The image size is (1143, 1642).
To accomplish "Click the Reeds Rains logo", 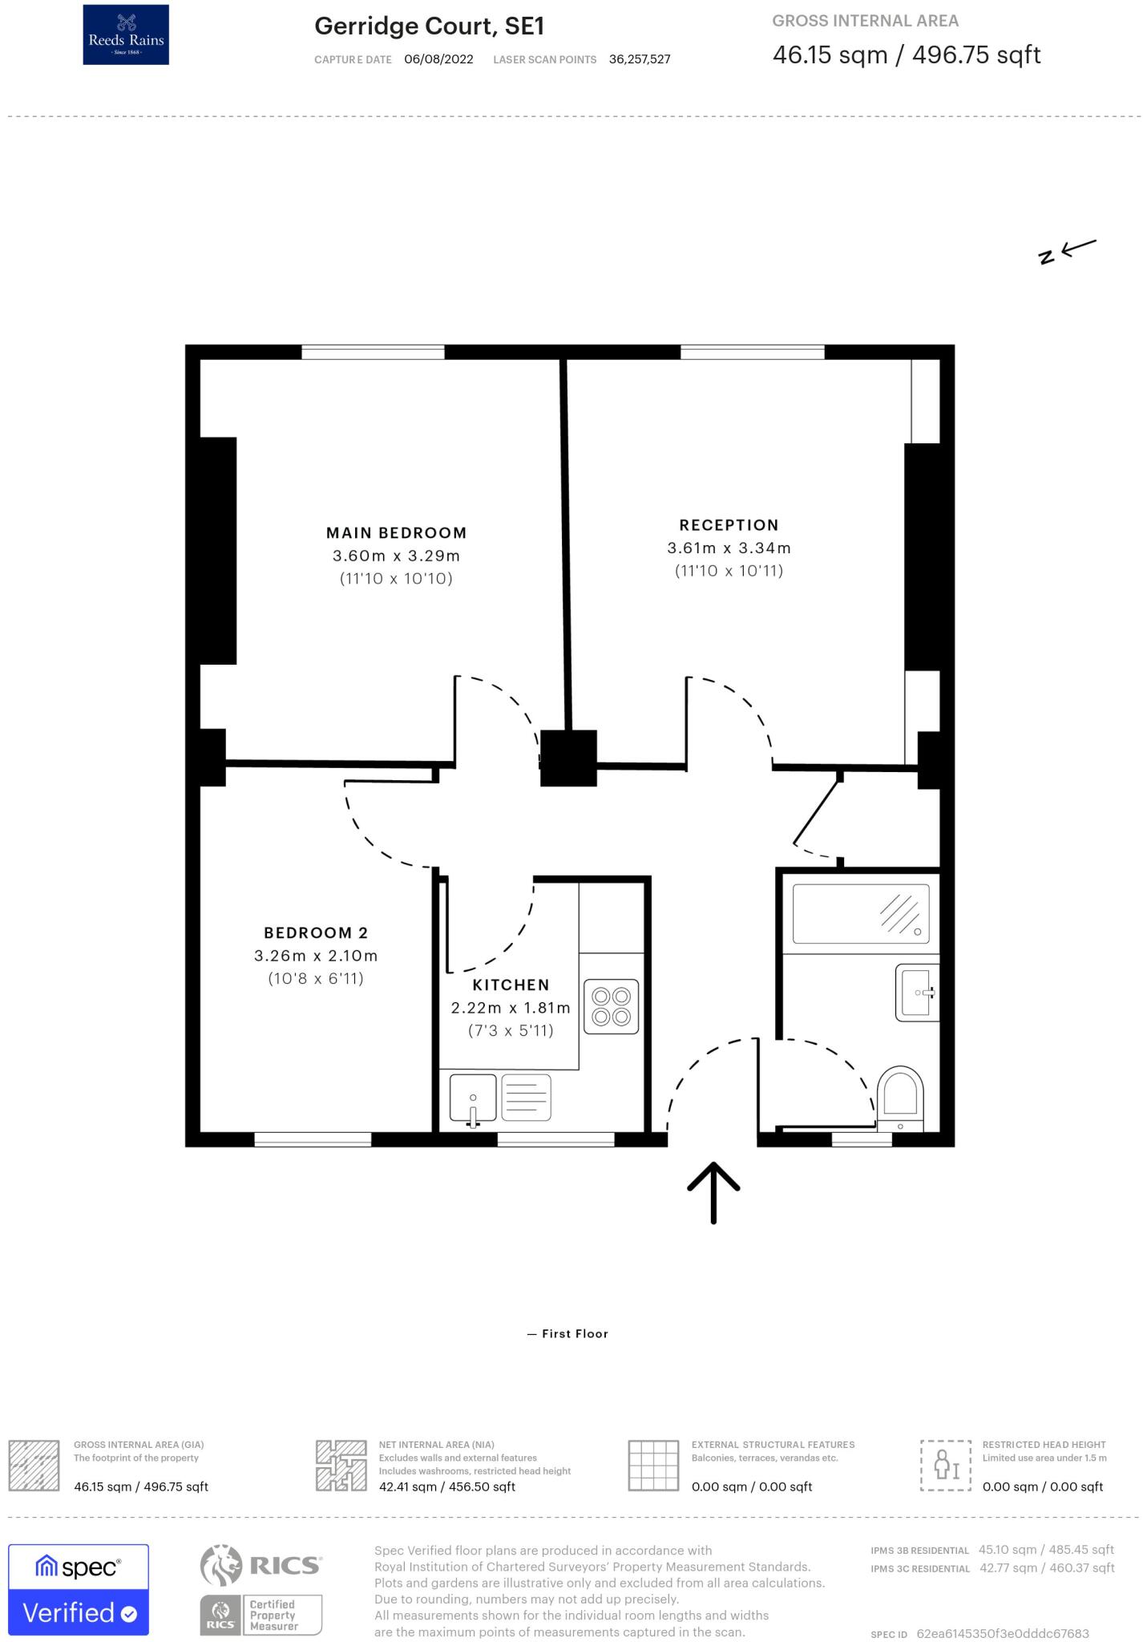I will click(x=126, y=34).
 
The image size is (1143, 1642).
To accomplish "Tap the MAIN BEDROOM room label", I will click(x=396, y=533).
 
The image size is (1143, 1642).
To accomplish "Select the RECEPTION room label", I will click(x=729, y=525).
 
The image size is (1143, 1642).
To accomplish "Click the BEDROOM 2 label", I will click(x=316, y=932).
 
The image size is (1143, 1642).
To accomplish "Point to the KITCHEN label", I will click(x=511, y=985).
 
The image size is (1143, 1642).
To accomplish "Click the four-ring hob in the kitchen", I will click(x=611, y=1006).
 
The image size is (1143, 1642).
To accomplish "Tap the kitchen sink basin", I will click(x=473, y=1098).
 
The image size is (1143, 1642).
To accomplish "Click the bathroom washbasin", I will click(x=917, y=992).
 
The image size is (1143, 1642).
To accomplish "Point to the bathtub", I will click(x=861, y=914).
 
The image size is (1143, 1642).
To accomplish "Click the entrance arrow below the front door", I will click(x=713, y=1192).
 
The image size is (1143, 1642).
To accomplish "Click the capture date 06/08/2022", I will click(x=438, y=59).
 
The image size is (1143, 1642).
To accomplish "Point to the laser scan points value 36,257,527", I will click(x=639, y=59).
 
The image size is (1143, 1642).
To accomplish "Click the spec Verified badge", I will click(x=79, y=1589).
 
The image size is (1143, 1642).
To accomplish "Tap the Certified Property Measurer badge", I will click(x=261, y=1615).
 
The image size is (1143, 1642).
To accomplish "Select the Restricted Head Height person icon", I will click(x=946, y=1465).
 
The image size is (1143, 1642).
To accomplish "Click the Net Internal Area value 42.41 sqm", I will click(x=446, y=1486).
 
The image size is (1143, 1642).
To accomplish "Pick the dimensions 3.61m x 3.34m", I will click(x=729, y=548).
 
